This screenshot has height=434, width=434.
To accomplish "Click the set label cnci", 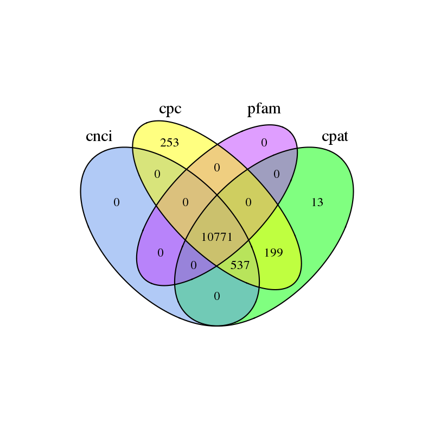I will pyautogui.click(x=99, y=136).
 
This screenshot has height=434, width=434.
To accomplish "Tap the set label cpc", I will pyautogui.click(x=170, y=108).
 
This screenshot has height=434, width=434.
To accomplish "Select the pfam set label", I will pyautogui.click(x=264, y=108).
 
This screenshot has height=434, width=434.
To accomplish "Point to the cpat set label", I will pyautogui.click(x=335, y=136).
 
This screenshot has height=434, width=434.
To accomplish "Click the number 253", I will pyautogui.click(x=169, y=143).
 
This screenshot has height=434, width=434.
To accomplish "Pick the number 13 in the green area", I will pyautogui.click(x=317, y=203).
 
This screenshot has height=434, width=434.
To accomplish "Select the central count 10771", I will pyautogui.click(x=216, y=237).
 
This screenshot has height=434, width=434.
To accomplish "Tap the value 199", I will pyautogui.click(x=273, y=252).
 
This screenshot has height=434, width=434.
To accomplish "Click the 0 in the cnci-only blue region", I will pyautogui.click(x=116, y=203).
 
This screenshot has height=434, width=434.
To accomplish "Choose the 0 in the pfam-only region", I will pyautogui.click(x=264, y=143).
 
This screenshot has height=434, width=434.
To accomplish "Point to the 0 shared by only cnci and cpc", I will pyautogui.click(x=157, y=175).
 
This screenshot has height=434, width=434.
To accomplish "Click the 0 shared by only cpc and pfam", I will pyautogui.click(x=217, y=168).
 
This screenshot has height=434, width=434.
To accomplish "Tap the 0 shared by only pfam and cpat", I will pyautogui.click(x=276, y=175).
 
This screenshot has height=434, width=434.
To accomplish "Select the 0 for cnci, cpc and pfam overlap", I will pyautogui.click(x=186, y=203).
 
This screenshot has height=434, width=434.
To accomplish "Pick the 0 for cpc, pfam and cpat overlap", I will pyautogui.click(x=248, y=203).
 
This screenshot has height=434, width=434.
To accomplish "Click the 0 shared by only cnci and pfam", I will pyautogui.click(x=160, y=253).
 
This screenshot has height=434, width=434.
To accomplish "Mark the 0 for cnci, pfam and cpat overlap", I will pyautogui.click(x=194, y=266).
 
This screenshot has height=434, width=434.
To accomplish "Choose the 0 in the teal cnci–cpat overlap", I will pyautogui.click(x=217, y=296).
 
